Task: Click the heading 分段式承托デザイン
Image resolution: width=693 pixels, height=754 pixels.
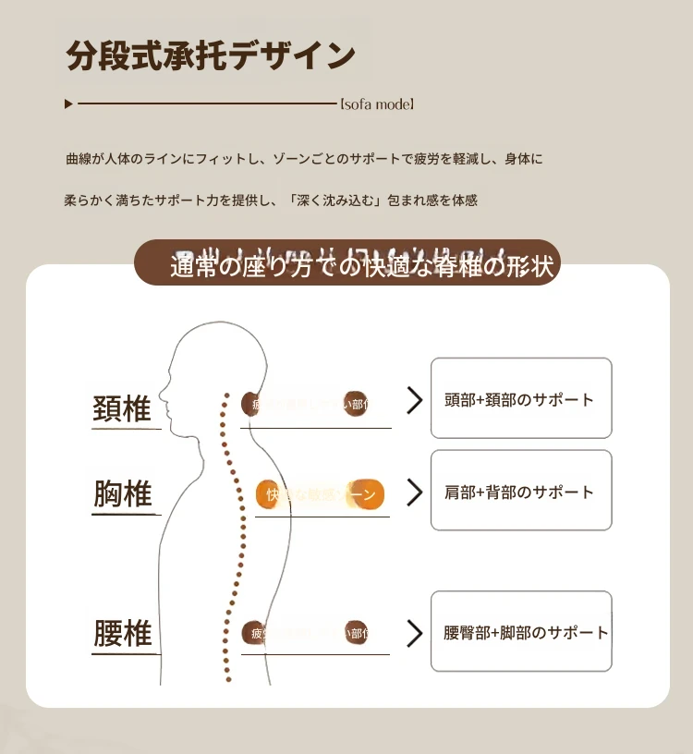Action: click(211, 55)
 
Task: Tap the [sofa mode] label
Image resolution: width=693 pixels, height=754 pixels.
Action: click(377, 104)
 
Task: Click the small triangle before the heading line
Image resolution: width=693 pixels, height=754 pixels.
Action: click(68, 104)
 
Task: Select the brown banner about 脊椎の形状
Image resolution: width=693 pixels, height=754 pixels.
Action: click(347, 263)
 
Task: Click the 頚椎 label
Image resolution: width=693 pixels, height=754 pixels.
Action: click(122, 407)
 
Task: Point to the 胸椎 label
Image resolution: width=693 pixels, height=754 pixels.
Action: click(122, 494)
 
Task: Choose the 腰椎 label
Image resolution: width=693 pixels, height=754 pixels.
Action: click(122, 634)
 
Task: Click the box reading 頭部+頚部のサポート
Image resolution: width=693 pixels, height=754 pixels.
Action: click(521, 398)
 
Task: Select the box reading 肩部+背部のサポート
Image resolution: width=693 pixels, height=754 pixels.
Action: click(521, 491)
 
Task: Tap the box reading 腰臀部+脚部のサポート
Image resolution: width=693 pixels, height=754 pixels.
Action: click(521, 632)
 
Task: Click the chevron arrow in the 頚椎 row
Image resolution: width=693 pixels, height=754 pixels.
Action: click(415, 400)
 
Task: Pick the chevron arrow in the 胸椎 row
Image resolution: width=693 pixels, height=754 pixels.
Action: click(415, 492)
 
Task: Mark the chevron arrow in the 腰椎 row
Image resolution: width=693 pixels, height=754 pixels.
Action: click(415, 633)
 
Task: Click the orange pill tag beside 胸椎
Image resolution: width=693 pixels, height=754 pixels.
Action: click(320, 495)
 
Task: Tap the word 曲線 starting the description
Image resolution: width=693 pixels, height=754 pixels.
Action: click(79, 159)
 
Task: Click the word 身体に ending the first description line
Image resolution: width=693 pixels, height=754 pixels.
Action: click(524, 159)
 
